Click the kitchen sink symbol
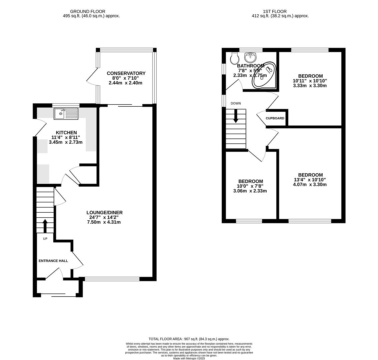[66, 114]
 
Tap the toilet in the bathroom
[235, 58]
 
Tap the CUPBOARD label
[275, 118]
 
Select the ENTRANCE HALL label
[53, 261]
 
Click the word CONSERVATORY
[126, 73]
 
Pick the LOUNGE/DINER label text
[104, 213]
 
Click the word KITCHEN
[66, 133]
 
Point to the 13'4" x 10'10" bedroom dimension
[310, 180]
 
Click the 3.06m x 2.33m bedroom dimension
[250, 191]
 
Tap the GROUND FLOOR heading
[88, 11]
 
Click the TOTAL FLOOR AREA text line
[189, 339]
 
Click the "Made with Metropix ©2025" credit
[189, 358]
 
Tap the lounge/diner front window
[112, 279]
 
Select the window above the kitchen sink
[66, 105]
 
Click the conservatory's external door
[92, 77]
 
